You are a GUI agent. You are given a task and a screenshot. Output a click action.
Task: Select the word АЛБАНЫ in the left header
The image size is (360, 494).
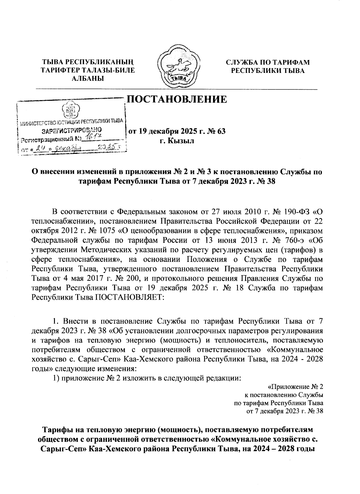pos(88,79)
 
